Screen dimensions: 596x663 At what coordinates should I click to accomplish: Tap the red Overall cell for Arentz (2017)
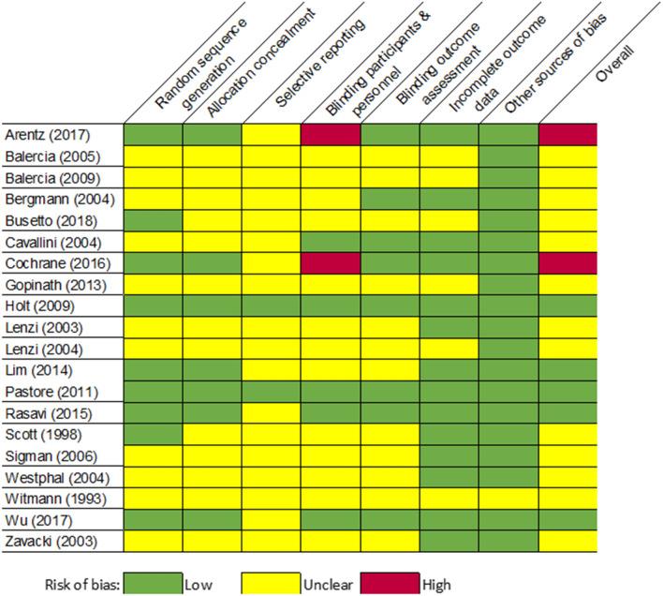pos(567,135)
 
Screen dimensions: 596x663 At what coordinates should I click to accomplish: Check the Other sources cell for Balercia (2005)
pos(508,156)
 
